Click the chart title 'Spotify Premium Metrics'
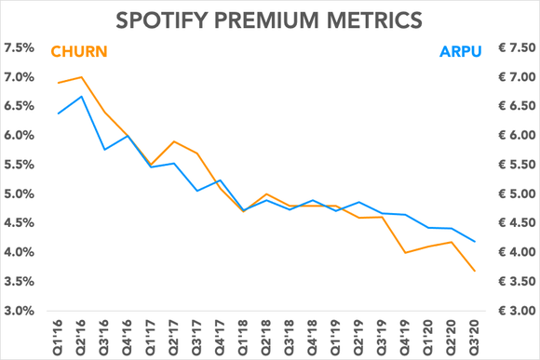click(270, 18)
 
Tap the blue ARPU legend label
click(463, 50)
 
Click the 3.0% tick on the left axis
click(21, 311)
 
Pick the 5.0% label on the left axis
click(21, 194)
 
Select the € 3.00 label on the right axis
click(511, 311)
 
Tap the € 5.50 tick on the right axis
click(511, 165)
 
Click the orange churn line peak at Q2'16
click(84, 77)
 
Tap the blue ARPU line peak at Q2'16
click(84, 96)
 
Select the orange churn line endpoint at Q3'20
click(476, 271)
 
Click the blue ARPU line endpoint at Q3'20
click(476, 242)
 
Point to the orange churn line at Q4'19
click(403, 252)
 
